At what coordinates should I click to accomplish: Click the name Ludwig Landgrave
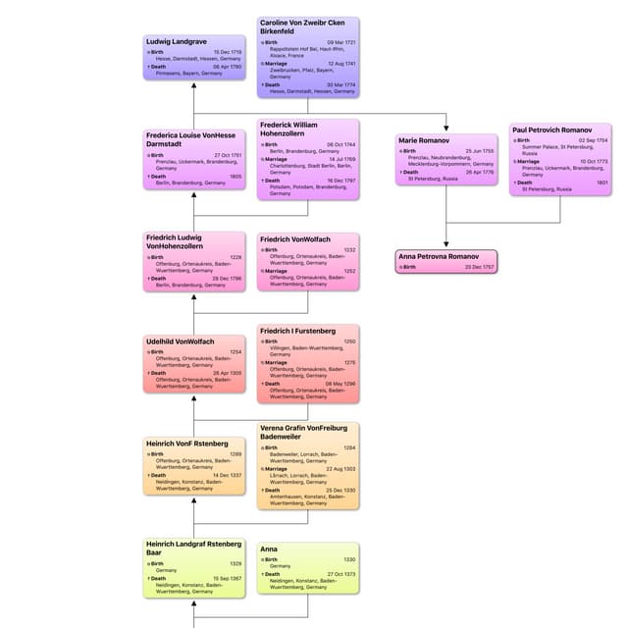(177, 41)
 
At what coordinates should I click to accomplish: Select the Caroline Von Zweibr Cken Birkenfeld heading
(307, 26)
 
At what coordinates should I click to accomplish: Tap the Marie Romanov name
(424, 140)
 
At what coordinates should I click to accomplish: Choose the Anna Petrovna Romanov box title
(441, 256)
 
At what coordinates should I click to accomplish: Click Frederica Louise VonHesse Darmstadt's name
(190, 139)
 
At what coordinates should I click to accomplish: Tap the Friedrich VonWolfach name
(295, 238)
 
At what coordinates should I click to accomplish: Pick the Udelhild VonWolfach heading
(180, 340)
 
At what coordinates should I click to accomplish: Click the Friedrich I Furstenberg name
(298, 331)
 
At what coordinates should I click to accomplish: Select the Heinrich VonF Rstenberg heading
(187, 444)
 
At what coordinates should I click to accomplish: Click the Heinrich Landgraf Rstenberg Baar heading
(193, 549)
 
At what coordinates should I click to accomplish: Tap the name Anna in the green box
(270, 549)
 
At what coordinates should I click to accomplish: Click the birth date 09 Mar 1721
(341, 42)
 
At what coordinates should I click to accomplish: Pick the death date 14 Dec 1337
(227, 475)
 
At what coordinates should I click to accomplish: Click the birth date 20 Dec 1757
(480, 267)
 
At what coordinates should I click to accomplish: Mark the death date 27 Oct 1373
(341, 574)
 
